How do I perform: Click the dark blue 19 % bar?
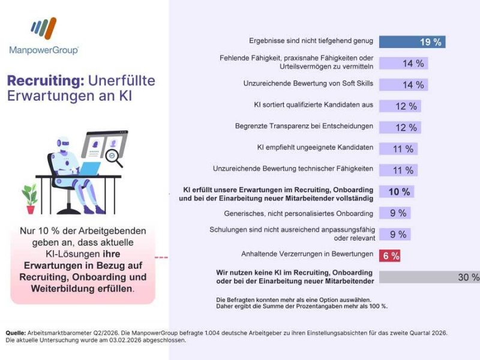412,42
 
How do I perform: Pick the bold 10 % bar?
397,192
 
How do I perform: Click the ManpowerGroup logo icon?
44,28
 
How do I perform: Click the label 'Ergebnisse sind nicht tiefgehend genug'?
311,41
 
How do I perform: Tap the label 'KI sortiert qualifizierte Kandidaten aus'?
314,105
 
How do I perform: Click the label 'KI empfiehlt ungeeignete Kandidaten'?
315,148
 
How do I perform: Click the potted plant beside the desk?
29,199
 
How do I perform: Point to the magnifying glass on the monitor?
113,157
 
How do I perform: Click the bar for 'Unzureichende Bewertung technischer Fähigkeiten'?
398,170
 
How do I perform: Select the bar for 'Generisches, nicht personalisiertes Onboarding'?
394,213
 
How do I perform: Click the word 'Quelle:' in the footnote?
15,332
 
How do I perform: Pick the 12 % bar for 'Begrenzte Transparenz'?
400,127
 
